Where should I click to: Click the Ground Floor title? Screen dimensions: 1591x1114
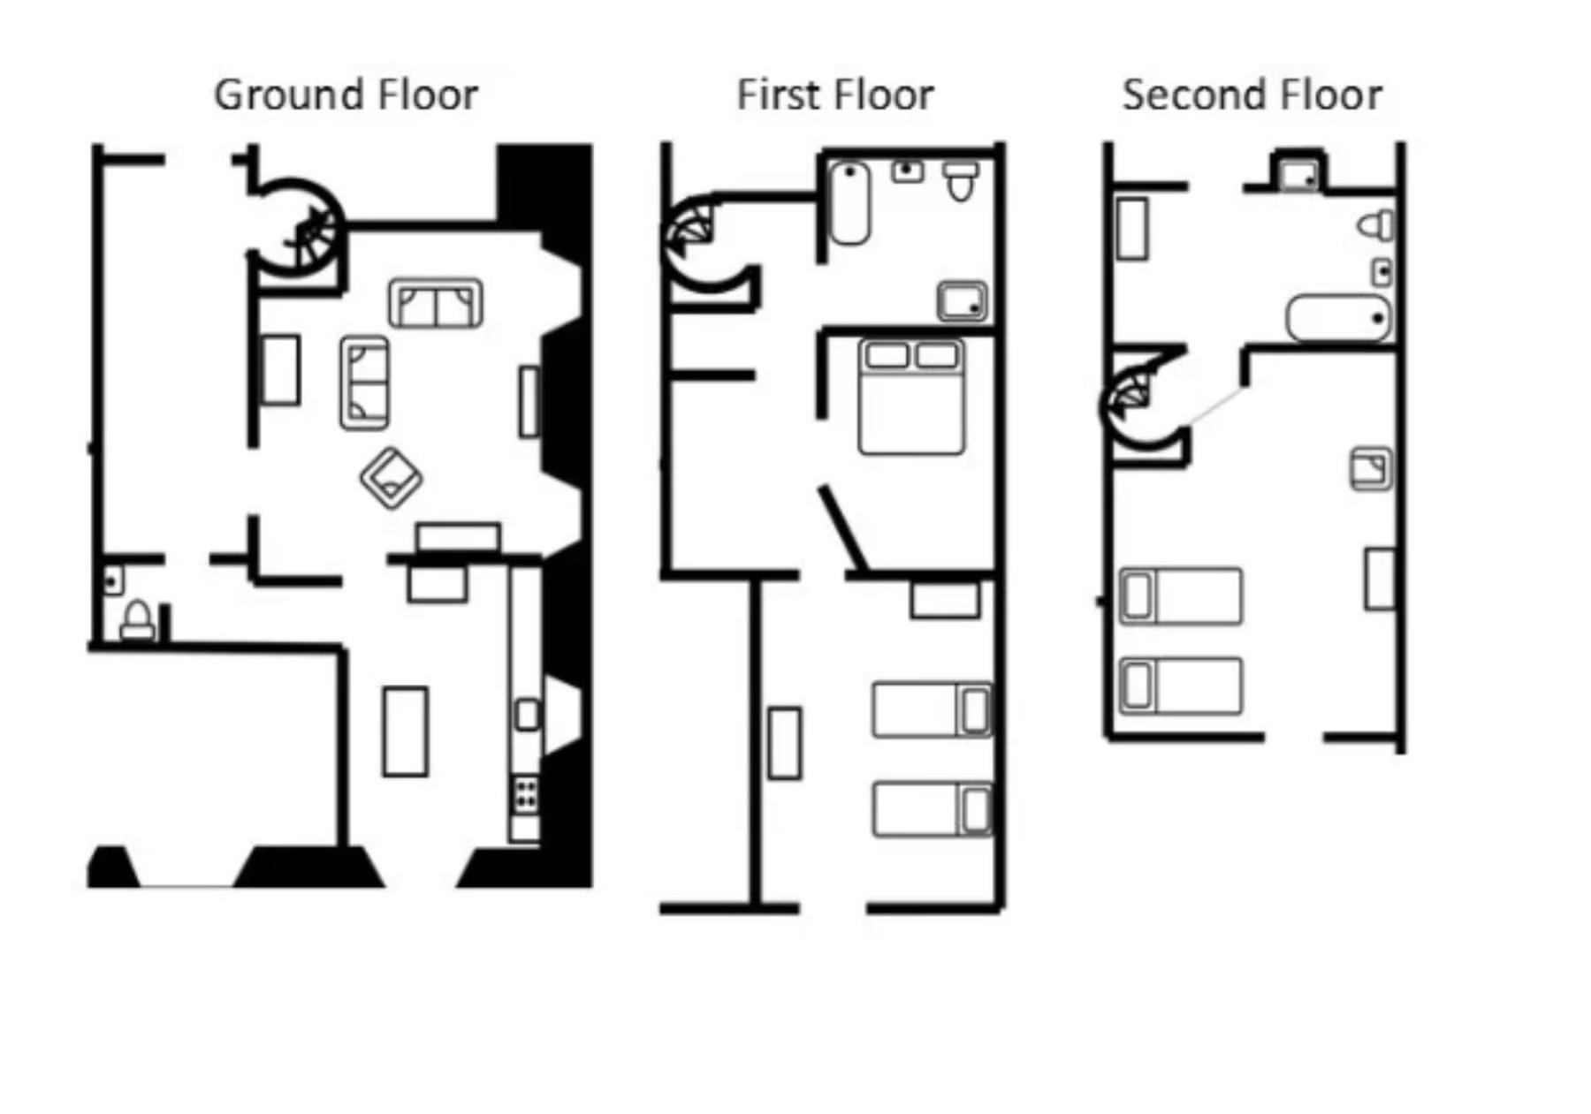[346, 95]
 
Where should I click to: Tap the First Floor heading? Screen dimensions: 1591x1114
[835, 95]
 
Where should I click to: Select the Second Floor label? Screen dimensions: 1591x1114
[1252, 95]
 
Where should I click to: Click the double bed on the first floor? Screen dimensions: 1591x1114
[911, 397]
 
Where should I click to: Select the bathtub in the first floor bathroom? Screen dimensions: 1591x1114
[849, 203]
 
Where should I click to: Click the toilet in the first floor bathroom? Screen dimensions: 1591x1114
[961, 180]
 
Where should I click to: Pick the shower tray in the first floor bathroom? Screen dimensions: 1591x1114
[962, 301]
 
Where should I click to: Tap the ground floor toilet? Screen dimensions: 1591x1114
[137, 620]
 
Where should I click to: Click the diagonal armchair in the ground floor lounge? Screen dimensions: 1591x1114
[391, 478]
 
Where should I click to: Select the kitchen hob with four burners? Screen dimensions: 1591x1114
[527, 792]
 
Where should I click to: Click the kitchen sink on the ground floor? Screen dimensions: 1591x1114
[527, 714]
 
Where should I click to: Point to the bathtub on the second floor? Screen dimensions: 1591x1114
[1338, 318]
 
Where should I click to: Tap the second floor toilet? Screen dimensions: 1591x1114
[1375, 224]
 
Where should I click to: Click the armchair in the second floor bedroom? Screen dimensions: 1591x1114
[1371, 469]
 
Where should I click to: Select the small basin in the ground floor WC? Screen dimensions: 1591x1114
[112, 581]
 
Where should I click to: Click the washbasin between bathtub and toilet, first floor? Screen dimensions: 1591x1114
[907, 171]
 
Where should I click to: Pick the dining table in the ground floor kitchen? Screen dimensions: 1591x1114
[405, 731]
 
